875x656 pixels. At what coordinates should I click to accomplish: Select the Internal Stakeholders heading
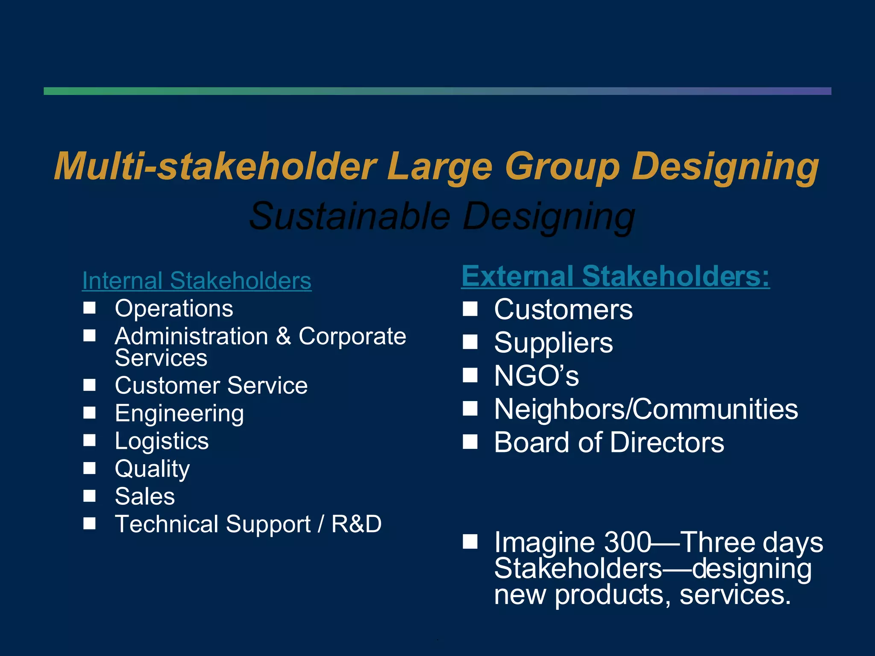click(x=197, y=281)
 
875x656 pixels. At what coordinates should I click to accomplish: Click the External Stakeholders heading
click(x=615, y=276)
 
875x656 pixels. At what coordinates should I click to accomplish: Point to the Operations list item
click(x=174, y=308)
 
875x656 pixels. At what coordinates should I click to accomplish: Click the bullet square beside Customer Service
click(x=89, y=385)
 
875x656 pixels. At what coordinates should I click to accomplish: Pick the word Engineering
click(x=179, y=413)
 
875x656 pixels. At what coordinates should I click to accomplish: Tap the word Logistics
click(x=161, y=441)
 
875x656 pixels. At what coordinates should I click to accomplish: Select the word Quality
click(x=152, y=469)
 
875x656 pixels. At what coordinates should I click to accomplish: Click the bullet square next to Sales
click(x=89, y=495)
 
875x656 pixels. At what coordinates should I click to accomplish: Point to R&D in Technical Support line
click(x=356, y=524)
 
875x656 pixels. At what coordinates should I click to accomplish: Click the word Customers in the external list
click(x=563, y=310)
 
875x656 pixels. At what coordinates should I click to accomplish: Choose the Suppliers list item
click(x=553, y=343)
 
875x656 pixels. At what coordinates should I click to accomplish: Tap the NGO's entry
click(x=536, y=376)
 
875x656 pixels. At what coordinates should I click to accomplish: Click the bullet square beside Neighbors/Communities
click(x=470, y=409)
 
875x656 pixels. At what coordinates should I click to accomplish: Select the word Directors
click(x=667, y=442)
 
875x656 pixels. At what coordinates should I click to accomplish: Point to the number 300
click(x=628, y=542)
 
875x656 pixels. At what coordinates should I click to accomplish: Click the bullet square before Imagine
click(x=470, y=542)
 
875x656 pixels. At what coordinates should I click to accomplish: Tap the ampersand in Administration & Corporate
click(x=283, y=337)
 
